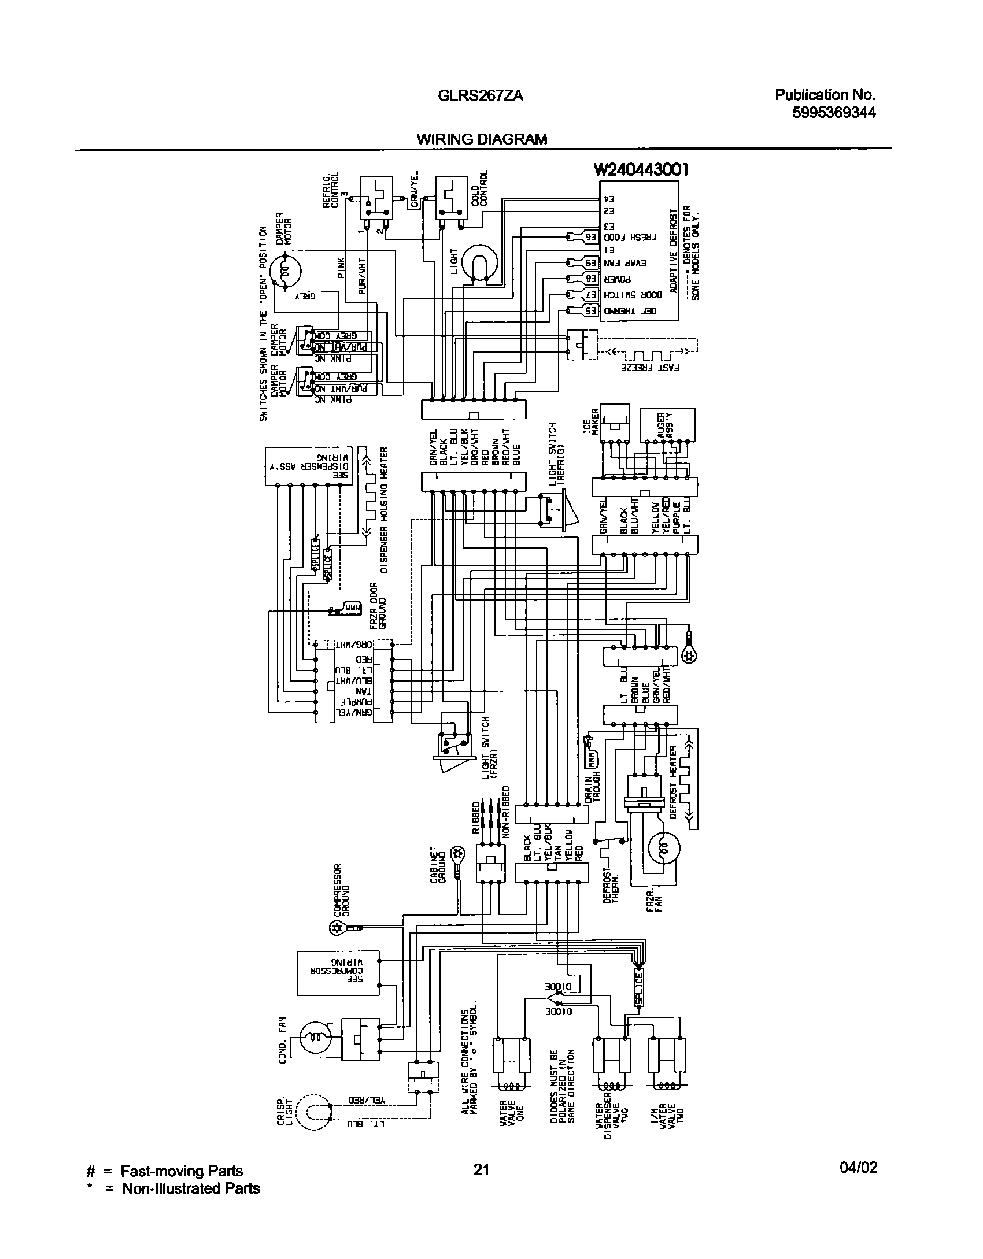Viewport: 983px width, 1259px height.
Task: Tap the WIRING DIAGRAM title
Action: [x=482, y=139]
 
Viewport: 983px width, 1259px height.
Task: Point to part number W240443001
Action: [x=641, y=169]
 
